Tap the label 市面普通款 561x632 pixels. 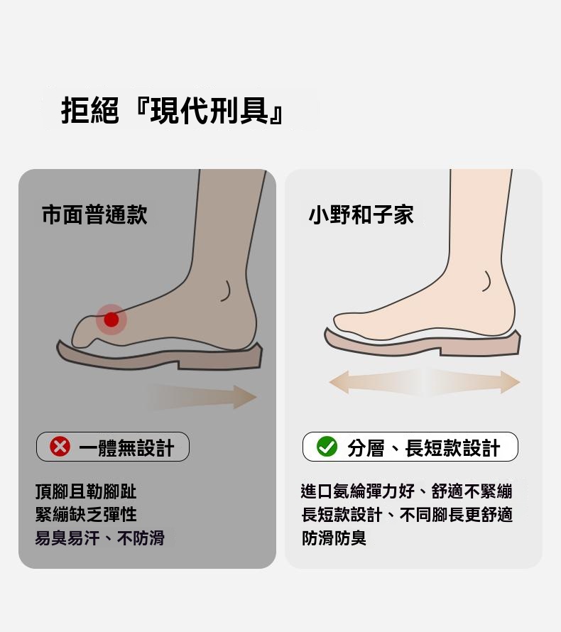94,214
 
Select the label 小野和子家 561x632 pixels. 361,214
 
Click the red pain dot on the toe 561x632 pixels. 111,320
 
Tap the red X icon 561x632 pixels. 60,447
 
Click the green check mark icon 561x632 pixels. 327,447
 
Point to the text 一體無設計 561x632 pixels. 126,447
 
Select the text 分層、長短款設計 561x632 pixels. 423,447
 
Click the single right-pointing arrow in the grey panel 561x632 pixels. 204,397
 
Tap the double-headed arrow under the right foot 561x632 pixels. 425,382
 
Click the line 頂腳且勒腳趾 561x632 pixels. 86,491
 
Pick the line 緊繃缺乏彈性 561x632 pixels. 86,514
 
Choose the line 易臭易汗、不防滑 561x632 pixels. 99,538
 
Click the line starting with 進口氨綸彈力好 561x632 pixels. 407,491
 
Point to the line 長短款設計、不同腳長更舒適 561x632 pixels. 407,514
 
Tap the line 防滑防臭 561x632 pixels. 334,538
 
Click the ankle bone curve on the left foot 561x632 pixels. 228,291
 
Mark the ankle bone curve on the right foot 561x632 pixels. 489,281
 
